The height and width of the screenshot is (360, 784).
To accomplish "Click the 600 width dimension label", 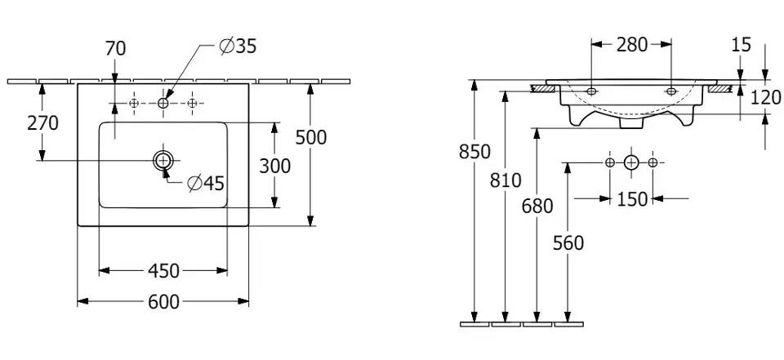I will click(163, 302).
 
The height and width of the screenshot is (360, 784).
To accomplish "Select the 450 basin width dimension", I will click(163, 271).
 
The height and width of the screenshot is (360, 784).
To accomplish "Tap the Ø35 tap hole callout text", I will click(238, 47).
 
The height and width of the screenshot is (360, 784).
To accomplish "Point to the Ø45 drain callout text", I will click(205, 184).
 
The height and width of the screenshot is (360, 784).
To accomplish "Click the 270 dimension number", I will click(42, 123).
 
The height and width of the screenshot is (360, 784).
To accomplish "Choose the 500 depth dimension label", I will click(310, 138).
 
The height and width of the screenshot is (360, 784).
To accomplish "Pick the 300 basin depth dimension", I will click(274, 166).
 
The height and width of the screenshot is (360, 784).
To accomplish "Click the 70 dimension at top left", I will click(115, 49).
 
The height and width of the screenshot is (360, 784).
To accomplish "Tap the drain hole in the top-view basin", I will click(163, 160).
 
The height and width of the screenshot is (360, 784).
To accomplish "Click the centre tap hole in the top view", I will click(163, 104).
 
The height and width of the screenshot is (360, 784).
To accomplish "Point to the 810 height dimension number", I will click(506, 182).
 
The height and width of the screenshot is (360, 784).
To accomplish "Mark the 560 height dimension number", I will click(568, 243).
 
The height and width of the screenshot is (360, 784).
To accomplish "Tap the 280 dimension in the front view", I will click(631, 45).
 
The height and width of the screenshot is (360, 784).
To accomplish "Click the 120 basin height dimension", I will click(765, 98).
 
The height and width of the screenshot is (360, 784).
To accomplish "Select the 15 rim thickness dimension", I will click(741, 45).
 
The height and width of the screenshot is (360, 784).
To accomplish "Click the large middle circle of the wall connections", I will click(630, 163).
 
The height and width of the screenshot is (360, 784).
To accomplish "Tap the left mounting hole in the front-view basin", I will click(591, 91).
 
